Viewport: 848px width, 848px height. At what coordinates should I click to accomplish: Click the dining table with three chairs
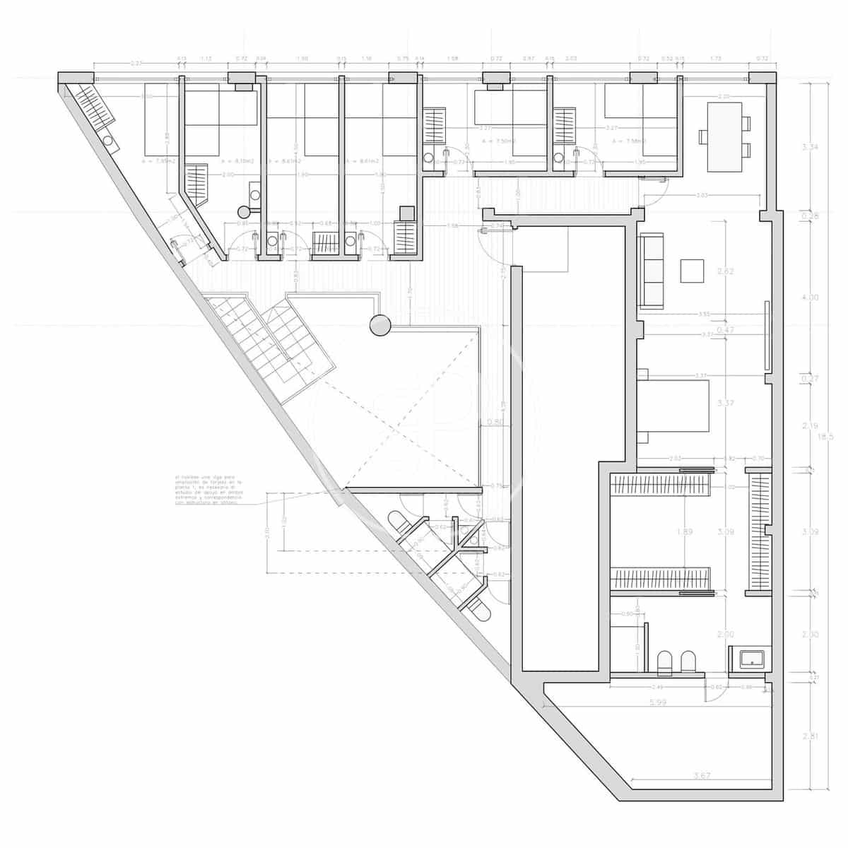pos(725,136)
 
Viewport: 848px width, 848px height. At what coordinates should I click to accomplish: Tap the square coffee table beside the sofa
pos(693,270)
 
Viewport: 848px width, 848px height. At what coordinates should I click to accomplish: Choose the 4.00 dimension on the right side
pos(810,298)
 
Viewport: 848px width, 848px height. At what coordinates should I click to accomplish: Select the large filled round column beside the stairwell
pos(380,325)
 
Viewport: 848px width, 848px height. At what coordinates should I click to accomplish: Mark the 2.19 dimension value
pos(810,426)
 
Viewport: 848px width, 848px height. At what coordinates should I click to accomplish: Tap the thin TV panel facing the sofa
pos(766,336)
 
